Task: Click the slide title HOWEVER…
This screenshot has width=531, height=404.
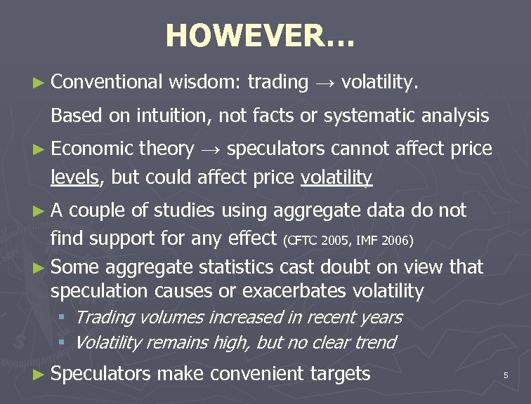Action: click(261, 35)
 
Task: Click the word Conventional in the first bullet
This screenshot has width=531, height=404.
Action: click(107, 83)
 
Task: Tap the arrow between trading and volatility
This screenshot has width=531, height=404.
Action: click(324, 83)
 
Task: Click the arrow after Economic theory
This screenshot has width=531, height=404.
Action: click(211, 149)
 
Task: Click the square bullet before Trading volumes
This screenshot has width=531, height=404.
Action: click(62, 318)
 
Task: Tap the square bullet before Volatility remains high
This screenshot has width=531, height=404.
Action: click(62, 343)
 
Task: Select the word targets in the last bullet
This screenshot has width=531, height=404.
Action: click(341, 374)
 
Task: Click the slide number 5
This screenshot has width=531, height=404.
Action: click(505, 376)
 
